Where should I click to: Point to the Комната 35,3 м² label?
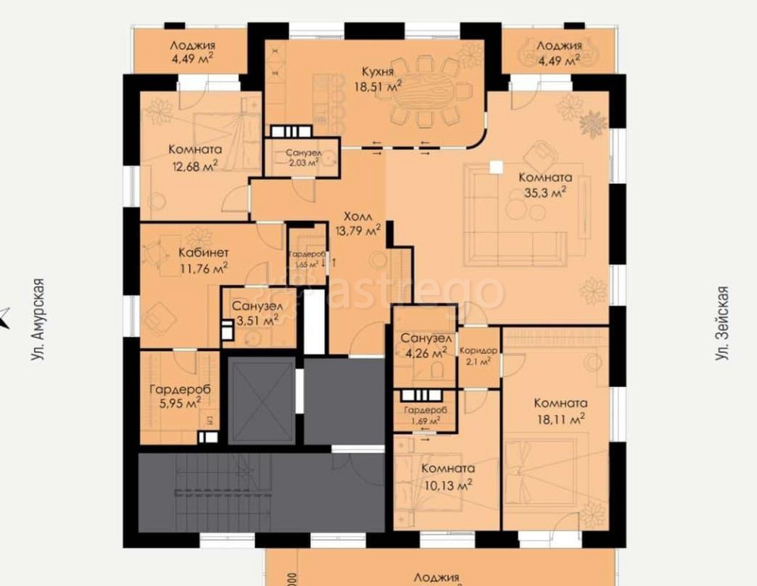coord(545,185)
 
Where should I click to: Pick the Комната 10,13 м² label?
coord(448,476)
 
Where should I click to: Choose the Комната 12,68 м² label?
coord(195,157)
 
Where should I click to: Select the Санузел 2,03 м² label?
coord(301,157)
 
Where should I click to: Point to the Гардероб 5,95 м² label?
coord(179,397)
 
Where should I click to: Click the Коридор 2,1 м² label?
coord(478,356)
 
